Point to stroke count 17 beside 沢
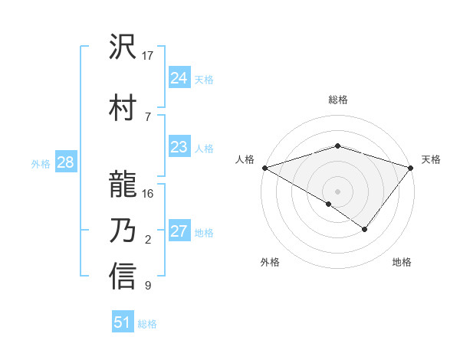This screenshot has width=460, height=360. (x=148, y=56)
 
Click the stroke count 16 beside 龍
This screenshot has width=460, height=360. (x=148, y=193)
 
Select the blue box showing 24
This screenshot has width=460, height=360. (x=179, y=78)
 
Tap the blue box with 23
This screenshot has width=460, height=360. (x=179, y=148)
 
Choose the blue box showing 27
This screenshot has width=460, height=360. (x=179, y=232)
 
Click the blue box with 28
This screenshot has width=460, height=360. (x=65, y=162)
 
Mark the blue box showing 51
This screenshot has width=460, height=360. (x=123, y=322)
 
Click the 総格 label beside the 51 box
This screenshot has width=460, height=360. (x=147, y=324)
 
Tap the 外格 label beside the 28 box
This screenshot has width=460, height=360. (x=41, y=164)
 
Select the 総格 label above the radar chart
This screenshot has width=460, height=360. (x=337, y=100)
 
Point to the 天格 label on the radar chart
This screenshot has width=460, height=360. (x=431, y=159)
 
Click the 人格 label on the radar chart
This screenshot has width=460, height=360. (x=245, y=159)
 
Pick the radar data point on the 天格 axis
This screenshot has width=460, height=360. (x=411, y=167)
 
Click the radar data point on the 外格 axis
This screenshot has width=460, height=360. (x=329, y=204)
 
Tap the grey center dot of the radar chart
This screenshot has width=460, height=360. (x=337, y=191)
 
